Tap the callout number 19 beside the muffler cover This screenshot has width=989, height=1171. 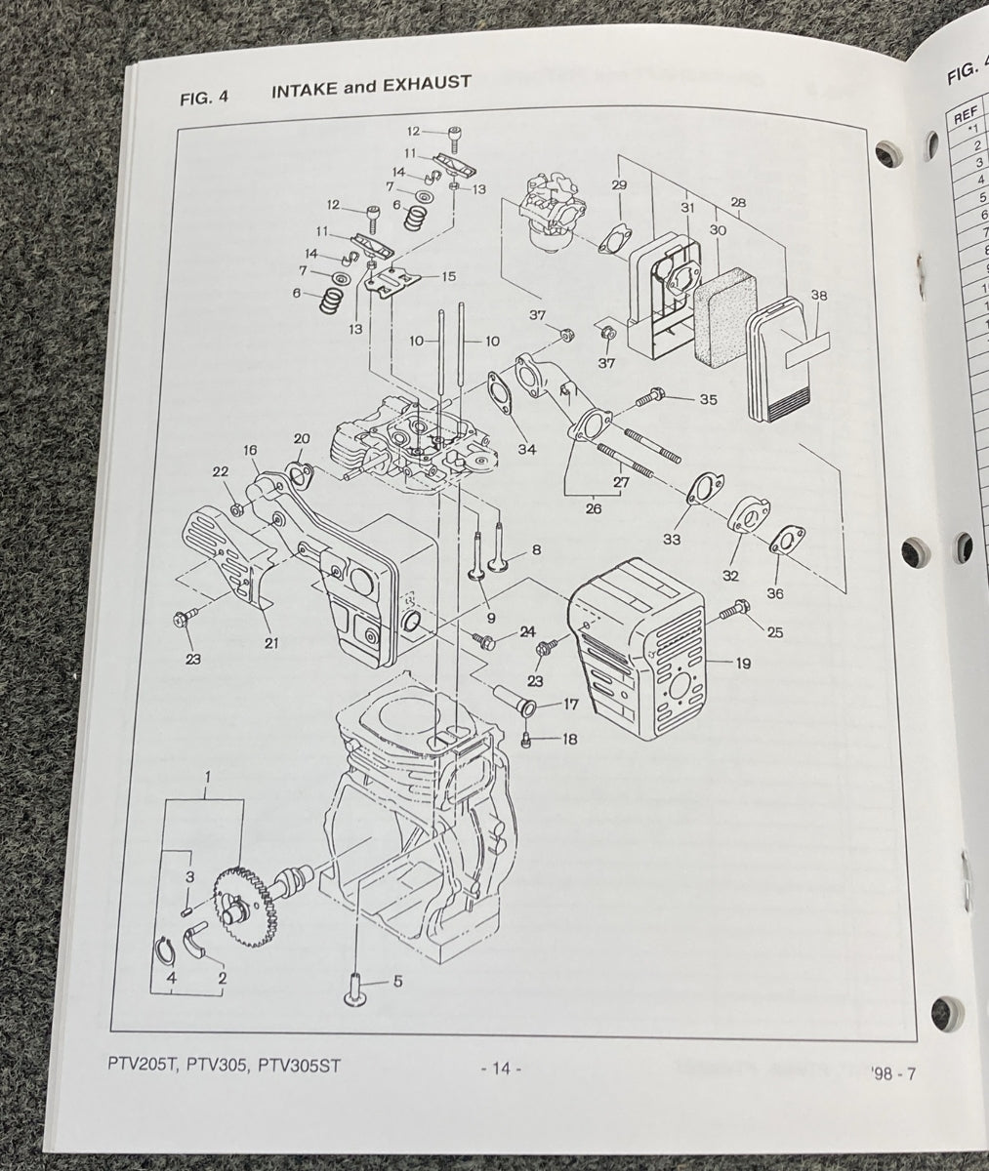(x=743, y=664)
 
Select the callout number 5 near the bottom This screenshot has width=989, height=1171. (x=397, y=982)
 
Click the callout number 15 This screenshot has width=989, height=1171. (x=448, y=276)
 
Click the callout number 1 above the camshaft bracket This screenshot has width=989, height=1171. (x=207, y=778)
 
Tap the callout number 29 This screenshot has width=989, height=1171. (x=618, y=184)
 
